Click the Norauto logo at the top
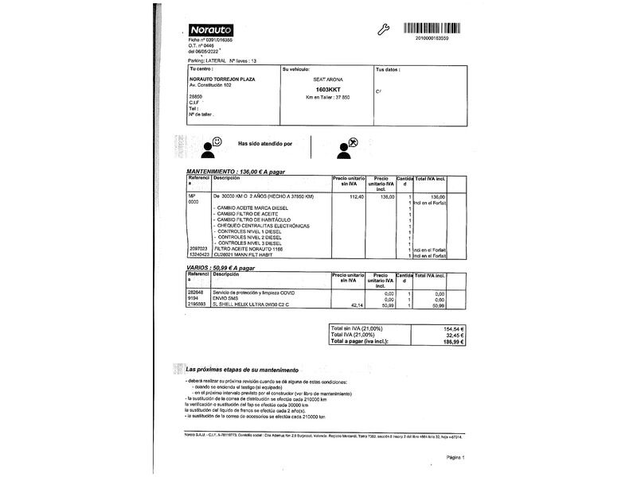(x=209, y=29)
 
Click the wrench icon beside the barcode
(x=381, y=29)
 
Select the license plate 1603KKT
(x=326, y=90)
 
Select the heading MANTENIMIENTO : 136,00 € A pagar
(x=236, y=172)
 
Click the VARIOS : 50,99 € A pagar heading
(x=225, y=268)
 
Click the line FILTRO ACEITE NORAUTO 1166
(x=248, y=249)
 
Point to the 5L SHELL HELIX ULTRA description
(x=251, y=304)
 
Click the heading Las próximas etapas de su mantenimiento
(x=242, y=370)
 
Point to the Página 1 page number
(x=455, y=457)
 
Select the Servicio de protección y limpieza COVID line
(x=253, y=293)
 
